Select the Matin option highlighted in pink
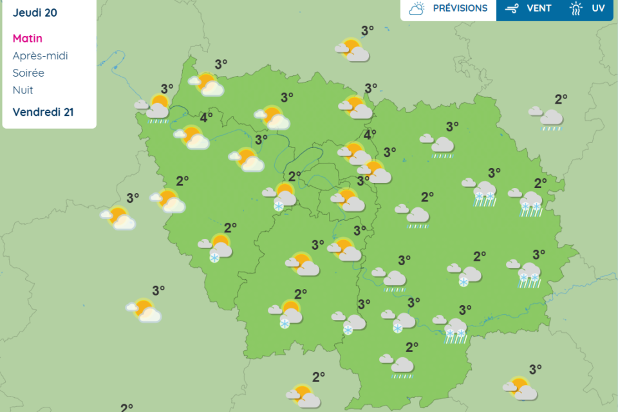[27, 39]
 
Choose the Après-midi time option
[40, 56]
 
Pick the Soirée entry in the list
[28, 73]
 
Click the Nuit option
[23, 90]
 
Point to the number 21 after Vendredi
[67, 112]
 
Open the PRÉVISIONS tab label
[460, 8]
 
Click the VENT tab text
[539, 8]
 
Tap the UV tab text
[598, 8]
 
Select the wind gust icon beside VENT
[512, 9]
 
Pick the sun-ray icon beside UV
[576, 9]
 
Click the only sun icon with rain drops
[154, 109]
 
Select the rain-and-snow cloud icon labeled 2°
[529, 202]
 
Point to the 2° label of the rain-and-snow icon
[539, 184]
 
